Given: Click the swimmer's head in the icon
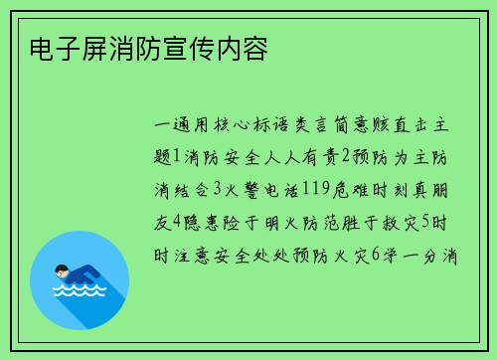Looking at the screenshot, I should (x=62, y=271).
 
